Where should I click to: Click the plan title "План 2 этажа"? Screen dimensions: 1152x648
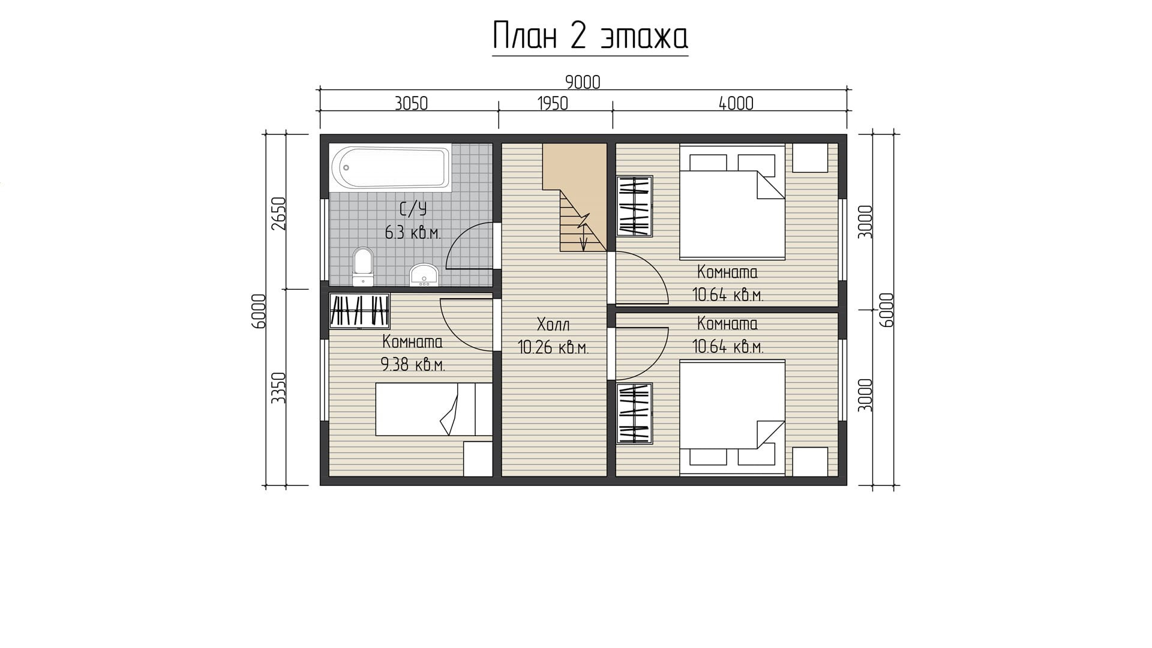point(590,37)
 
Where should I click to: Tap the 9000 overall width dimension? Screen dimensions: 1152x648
point(583,82)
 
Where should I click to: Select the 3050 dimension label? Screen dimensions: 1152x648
point(411,103)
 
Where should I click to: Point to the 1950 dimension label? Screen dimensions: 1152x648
point(552,103)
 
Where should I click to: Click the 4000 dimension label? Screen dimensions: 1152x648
point(736,103)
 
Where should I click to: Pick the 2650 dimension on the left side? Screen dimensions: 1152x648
point(278,214)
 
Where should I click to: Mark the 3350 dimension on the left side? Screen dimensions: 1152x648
point(278,388)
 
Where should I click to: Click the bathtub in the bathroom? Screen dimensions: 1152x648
point(391,168)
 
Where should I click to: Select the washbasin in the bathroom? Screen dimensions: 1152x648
point(424,275)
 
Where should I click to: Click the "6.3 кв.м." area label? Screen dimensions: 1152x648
point(413,233)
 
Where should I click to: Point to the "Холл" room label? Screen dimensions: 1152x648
point(553,325)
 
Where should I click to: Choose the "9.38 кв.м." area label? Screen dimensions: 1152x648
point(413,365)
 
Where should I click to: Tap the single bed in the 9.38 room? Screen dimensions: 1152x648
point(434,409)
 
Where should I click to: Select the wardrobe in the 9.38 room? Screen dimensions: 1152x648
point(359,311)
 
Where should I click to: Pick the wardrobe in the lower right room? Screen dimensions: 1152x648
point(634,414)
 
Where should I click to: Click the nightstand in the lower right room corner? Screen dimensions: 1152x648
point(811,461)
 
